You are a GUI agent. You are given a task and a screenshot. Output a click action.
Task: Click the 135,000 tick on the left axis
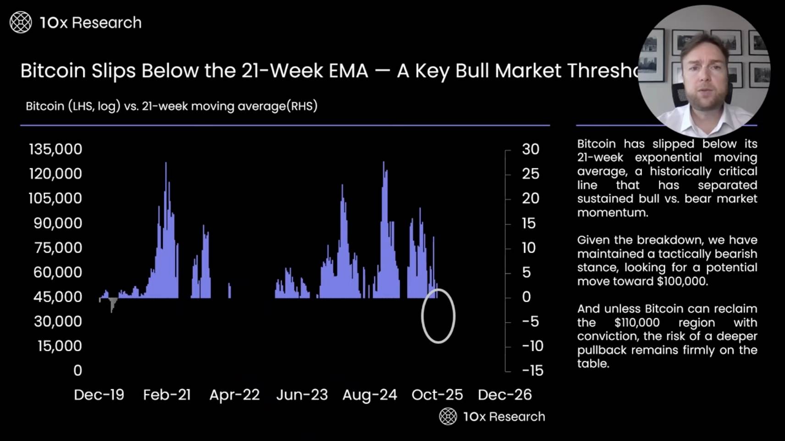point(55,149)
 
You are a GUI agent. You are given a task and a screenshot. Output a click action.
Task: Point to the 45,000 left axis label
point(57,297)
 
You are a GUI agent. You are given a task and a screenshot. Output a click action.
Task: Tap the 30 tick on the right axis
point(530,149)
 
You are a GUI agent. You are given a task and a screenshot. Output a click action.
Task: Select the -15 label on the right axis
point(532,370)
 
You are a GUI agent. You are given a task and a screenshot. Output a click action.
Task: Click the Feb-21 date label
point(167,395)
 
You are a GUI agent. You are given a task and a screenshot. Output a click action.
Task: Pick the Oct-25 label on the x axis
point(437,395)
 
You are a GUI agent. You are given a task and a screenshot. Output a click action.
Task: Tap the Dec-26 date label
point(504,395)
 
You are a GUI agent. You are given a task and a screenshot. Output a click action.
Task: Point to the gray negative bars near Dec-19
point(112,303)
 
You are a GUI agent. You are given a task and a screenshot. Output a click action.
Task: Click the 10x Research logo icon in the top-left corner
point(21,22)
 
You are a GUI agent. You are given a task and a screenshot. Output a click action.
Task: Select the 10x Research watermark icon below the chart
point(448,416)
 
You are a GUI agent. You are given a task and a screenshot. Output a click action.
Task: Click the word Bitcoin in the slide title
point(53,71)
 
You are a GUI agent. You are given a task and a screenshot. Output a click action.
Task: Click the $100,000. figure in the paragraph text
point(682,281)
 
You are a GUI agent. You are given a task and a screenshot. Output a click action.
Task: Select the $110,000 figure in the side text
point(637,322)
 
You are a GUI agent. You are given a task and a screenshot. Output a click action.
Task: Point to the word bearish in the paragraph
point(736,254)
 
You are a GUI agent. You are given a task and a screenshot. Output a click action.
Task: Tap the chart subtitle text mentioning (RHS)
point(171,106)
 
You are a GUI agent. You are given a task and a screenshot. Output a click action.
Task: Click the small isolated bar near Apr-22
point(229,291)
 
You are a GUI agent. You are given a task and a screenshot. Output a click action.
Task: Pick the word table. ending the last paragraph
point(593,364)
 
